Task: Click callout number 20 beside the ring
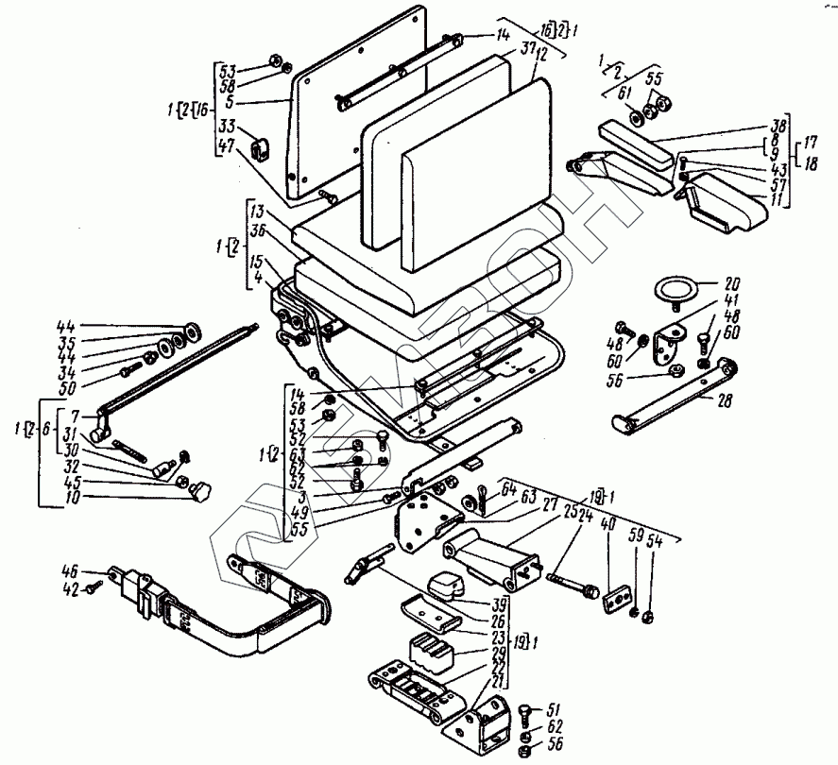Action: (x=733, y=282)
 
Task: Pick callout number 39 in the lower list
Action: (x=499, y=603)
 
